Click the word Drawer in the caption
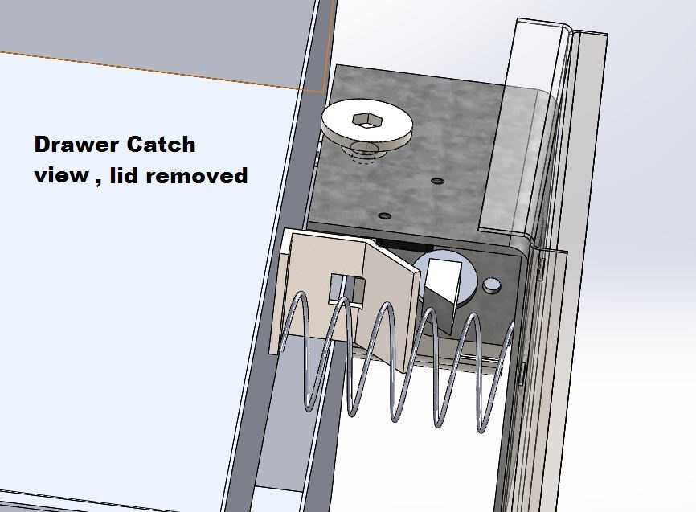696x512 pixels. (76, 145)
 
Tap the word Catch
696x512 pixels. (161, 145)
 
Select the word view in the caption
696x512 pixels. (61, 175)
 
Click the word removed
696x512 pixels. (197, 175)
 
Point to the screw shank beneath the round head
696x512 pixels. (364, 154)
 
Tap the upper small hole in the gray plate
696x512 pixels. (438, 181)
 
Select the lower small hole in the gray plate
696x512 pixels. (384, 216)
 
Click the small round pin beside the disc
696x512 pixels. (491, 285)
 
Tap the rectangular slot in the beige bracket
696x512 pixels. (346, 289)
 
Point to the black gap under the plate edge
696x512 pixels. (404, 245)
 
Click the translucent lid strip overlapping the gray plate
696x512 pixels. (517, 160)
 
